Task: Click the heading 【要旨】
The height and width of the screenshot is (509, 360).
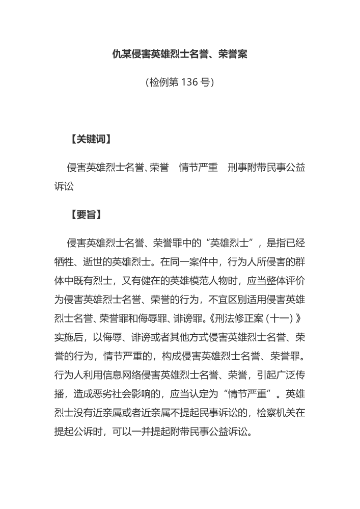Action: (x=84, y=215)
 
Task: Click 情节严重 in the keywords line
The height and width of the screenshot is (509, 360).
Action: (x=199, y=168)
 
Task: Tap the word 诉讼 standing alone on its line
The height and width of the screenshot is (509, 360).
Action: (x=64, y=186)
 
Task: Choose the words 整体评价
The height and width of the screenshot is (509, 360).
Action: (x=285, y=281)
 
